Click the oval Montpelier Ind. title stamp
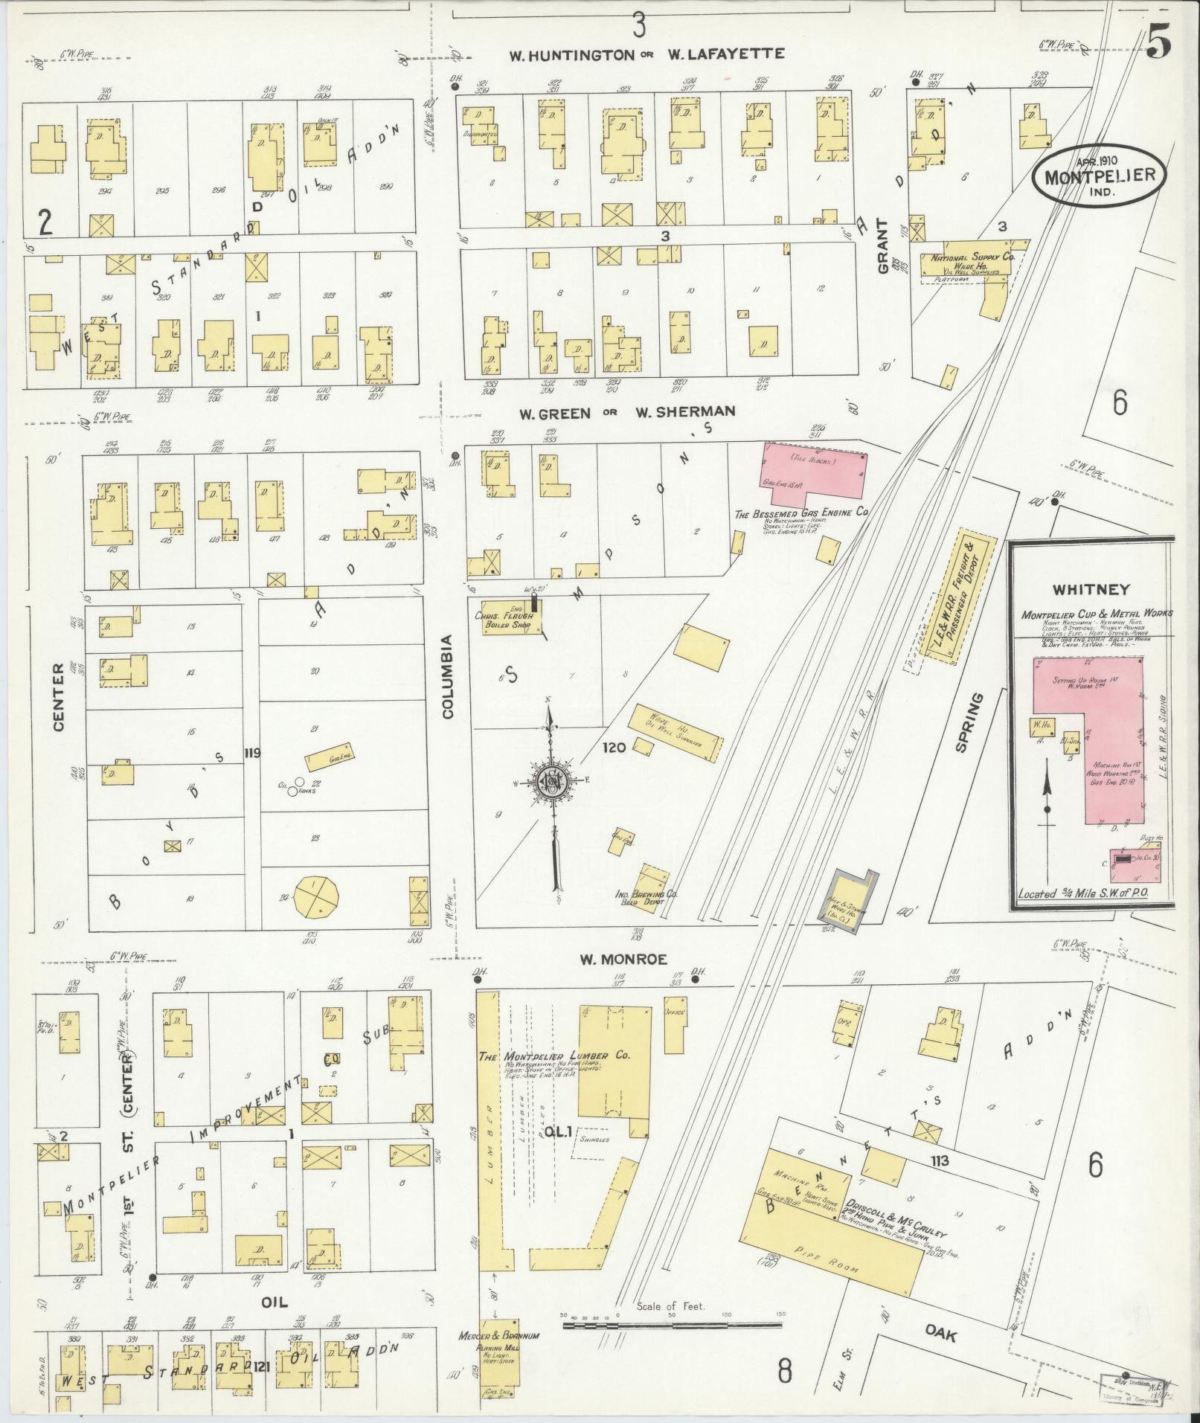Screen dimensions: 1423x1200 (1097, 178)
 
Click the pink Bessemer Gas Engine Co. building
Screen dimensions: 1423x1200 (814, 472)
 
